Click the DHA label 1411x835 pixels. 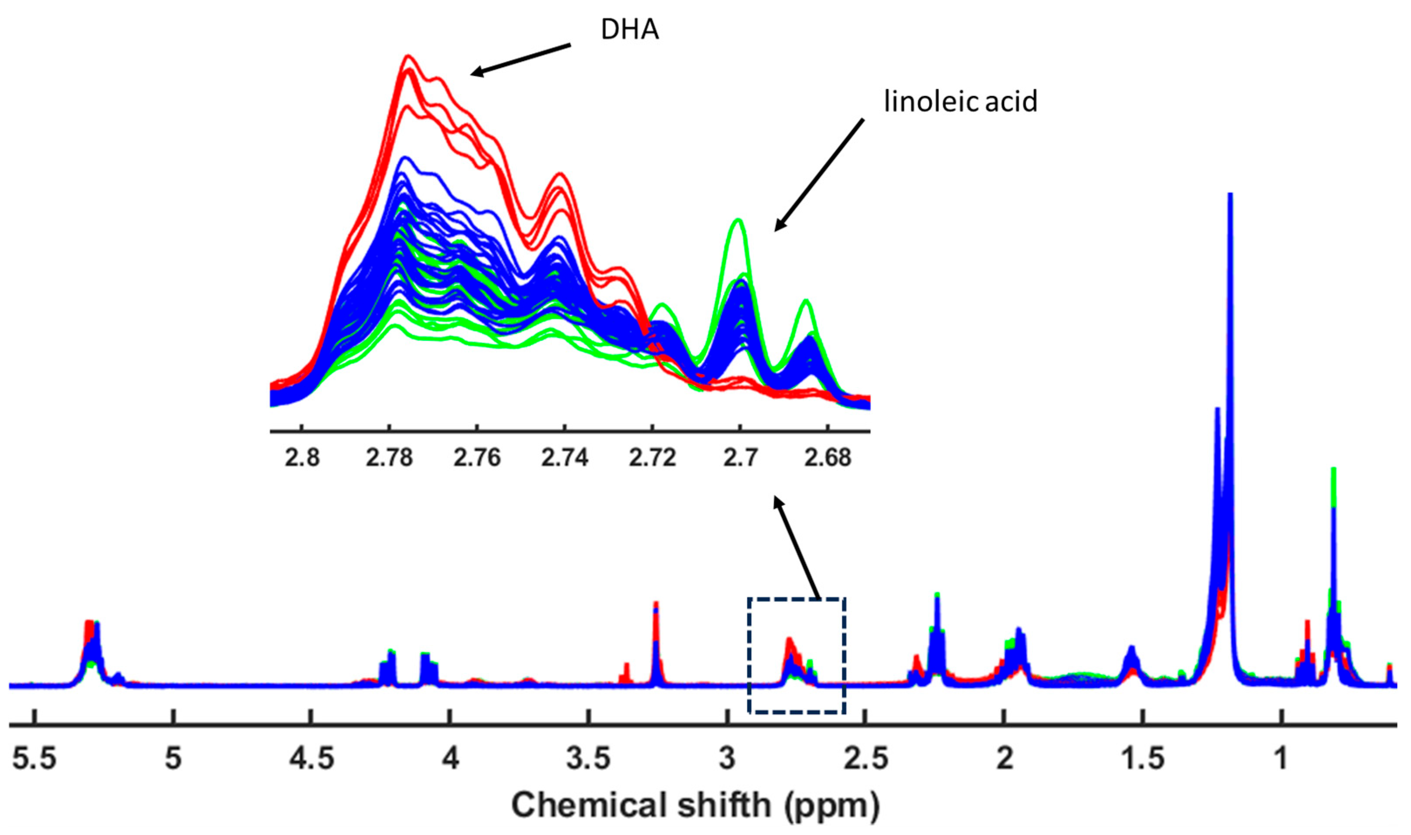coord(629,29)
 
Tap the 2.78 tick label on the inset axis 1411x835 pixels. coord(389,458)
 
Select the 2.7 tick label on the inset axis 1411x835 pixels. coord(740,458)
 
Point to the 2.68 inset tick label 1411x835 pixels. coord(827,458)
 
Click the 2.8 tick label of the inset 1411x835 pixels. coord(302,458)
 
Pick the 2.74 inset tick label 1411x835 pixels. coord(564,458)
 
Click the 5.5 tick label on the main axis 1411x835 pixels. coord(35,758)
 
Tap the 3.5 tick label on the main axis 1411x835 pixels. coord(588,758)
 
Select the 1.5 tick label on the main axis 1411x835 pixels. coord(1143,758)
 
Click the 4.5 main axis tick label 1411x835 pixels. coord(311,758)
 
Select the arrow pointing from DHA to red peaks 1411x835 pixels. coord(520,58)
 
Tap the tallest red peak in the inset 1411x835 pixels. coord(408,57)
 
